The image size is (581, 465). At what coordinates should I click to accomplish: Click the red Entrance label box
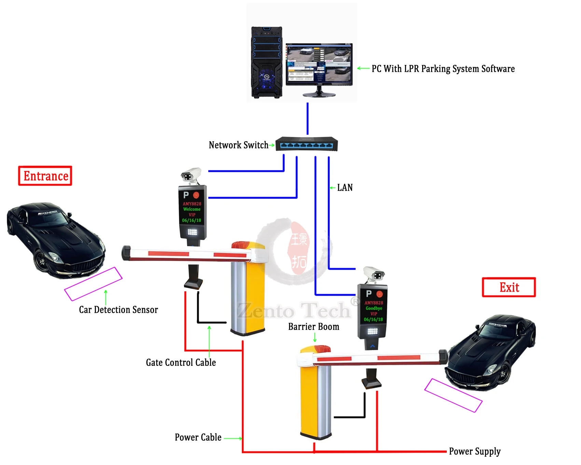click(45, 176)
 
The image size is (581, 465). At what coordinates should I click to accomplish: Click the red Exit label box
click(509, 287)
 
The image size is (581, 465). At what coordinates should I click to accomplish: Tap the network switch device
click(306, 144)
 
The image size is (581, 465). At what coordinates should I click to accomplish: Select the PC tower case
click(266, 63)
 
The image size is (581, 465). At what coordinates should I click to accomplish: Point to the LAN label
click(345, 187)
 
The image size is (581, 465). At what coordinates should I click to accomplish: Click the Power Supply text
click(474, 451)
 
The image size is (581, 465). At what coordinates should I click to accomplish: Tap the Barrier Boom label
click(314, 327)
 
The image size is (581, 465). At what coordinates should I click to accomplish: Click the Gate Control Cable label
click(181, 362)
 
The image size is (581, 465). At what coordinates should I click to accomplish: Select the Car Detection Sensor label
click(118, 309)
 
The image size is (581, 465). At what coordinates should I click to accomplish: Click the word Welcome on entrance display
click(192, 209)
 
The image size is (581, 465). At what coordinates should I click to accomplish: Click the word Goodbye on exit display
click(374, 308)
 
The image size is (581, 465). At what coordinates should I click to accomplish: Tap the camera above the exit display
click(374, 274)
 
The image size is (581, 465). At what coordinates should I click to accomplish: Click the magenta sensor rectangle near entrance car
click(93, 284)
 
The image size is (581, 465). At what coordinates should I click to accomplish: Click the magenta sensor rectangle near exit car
click(453, 395)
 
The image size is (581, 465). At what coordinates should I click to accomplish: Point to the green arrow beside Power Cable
click(233, 438)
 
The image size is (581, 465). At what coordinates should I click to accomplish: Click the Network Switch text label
click(238, 145)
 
